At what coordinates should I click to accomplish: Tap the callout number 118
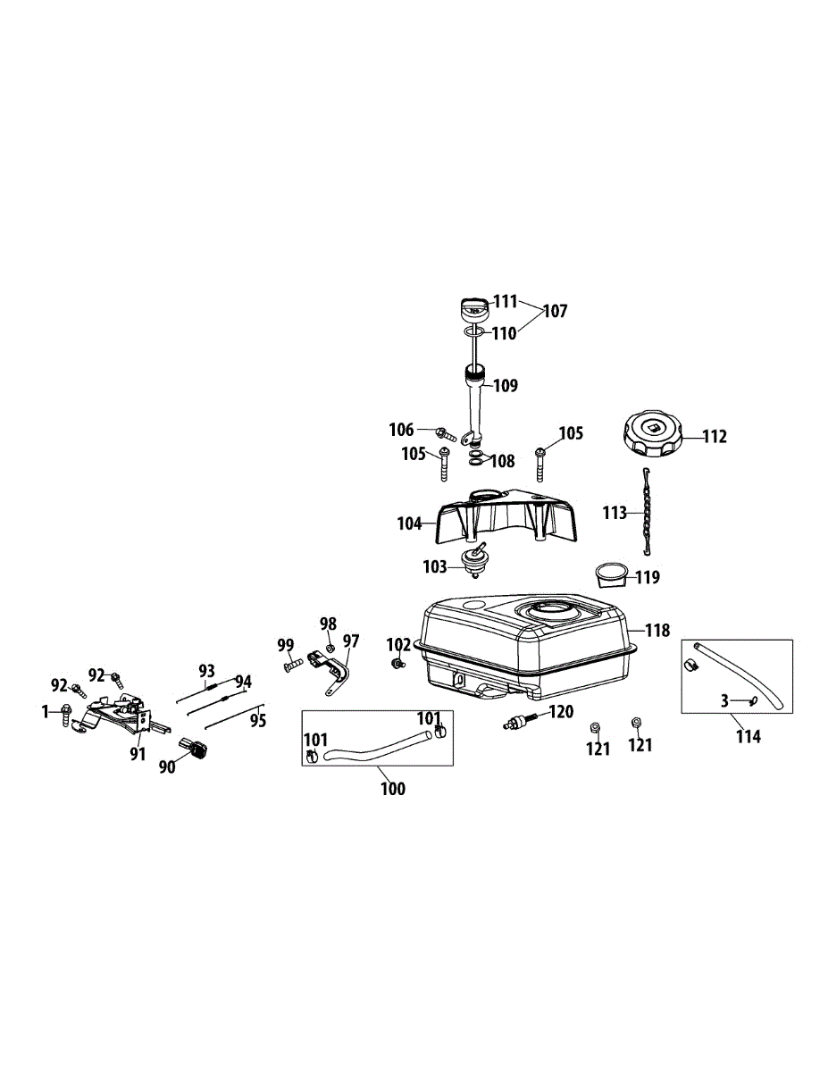tap(657, 631)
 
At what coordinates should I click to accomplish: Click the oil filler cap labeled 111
tap(473, 309)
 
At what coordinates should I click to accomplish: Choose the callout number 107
tap(555, 311)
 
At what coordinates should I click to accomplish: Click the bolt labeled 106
tap(446, 434)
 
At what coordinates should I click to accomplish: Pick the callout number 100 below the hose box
tap(393, 789)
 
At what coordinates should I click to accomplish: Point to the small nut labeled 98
tap(329, 648)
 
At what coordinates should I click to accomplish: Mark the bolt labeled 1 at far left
tap(67, 712)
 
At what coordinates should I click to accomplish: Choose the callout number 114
tap(748, 736)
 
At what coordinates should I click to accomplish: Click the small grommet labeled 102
tap(394, 665)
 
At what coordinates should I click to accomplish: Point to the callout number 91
tap(137, 754)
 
